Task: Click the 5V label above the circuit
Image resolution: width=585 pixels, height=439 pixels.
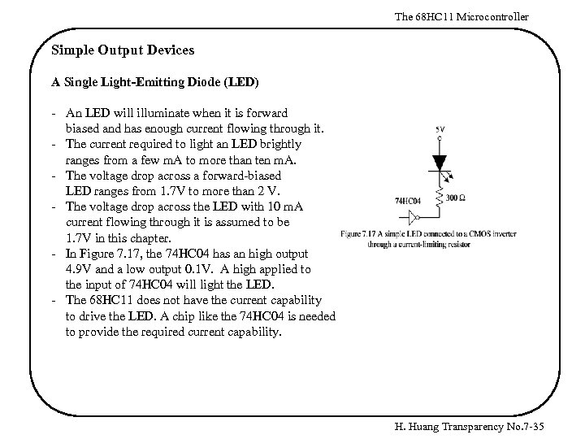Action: point(440,129)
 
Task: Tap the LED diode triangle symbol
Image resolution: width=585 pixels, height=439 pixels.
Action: point(440,162)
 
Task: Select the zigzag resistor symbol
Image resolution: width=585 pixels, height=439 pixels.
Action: point(440,196)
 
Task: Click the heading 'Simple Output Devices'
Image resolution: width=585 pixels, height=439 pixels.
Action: point(123,50)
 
